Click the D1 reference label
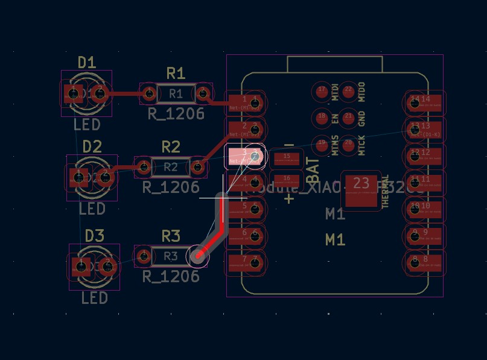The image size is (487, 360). pyautogui.click(x=87, y=62)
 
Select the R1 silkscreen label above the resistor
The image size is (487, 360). pyautogui.click(x=176, y=73)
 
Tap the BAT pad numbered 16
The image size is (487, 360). pyautogui.click(x=287, y=179)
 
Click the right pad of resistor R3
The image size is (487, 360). pyautogui.click(x=198, y=256)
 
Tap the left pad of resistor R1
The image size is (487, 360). pyautogui.click(x=148, y=93)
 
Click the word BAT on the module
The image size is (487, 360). pyautogui.click(x=314, y=171)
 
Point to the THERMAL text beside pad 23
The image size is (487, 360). pyautogui.click(x=386, y=192)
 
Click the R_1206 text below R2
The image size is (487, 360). pyautogui.click(x=171, y=187)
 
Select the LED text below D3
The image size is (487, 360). pyautogui.click(x=94, y=298)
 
